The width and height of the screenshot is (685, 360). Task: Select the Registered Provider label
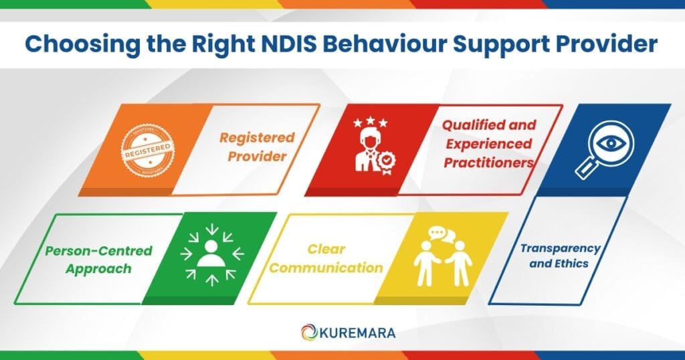coord(258,147)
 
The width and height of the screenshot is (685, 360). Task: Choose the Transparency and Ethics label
coord(560,256)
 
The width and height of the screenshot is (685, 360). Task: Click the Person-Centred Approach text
coord(99,260)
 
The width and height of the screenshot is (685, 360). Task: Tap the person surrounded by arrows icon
coord(211,257)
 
